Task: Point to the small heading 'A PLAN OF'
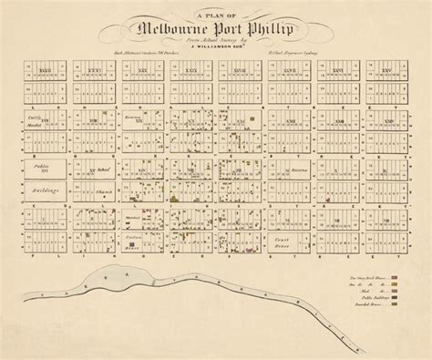click(216, 9)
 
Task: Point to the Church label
click(103, 192)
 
